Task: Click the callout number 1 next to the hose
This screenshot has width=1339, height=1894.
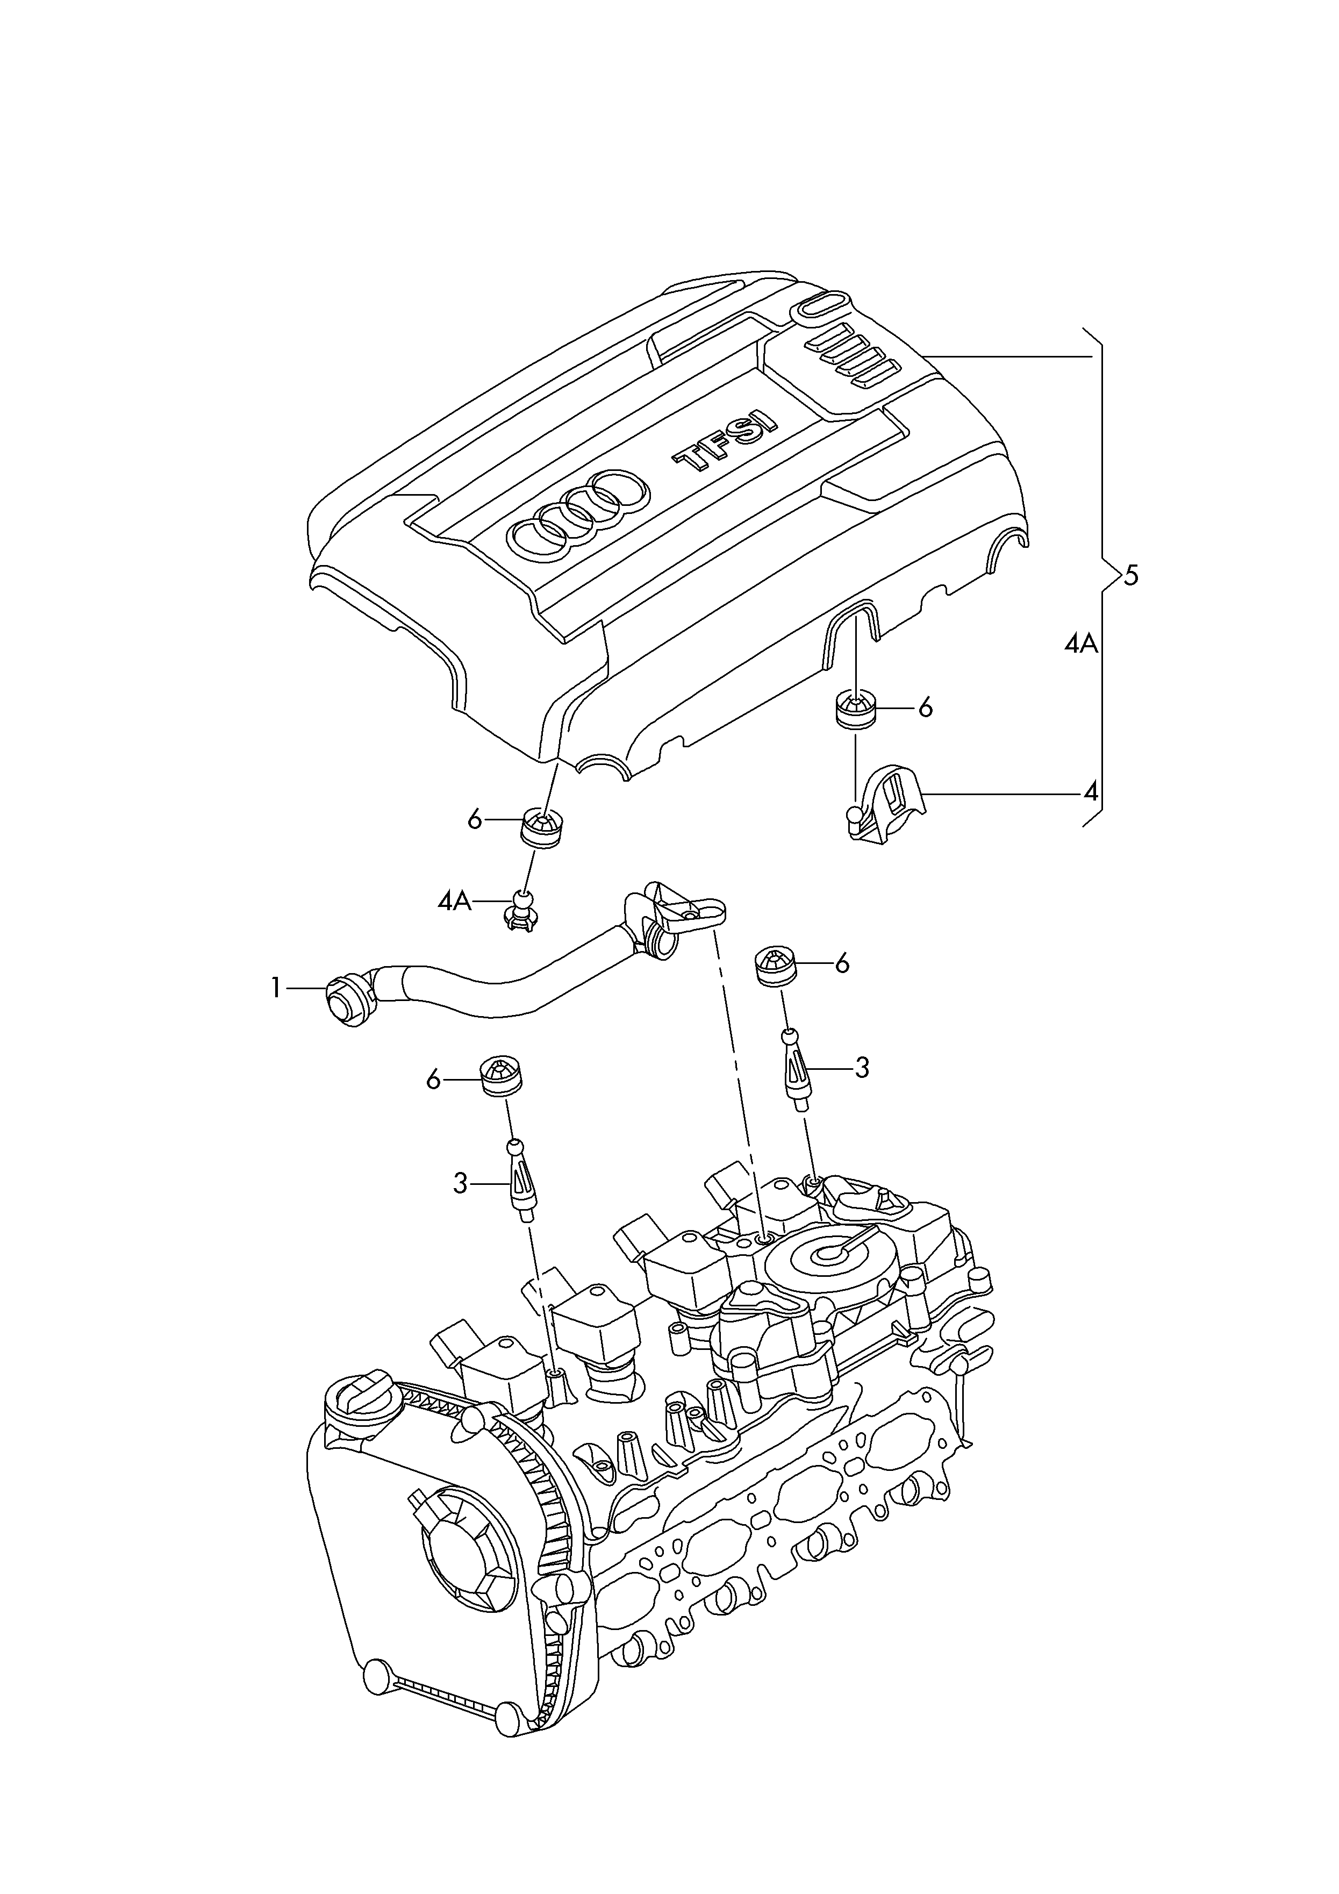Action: [276, 988]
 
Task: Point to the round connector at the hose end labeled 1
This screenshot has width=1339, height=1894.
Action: [347, 1000]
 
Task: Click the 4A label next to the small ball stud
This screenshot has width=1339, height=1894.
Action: [455, 902]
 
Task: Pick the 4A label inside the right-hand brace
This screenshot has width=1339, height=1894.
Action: [1081, 644]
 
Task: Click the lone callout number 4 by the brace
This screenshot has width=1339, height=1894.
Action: [1091, 793]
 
